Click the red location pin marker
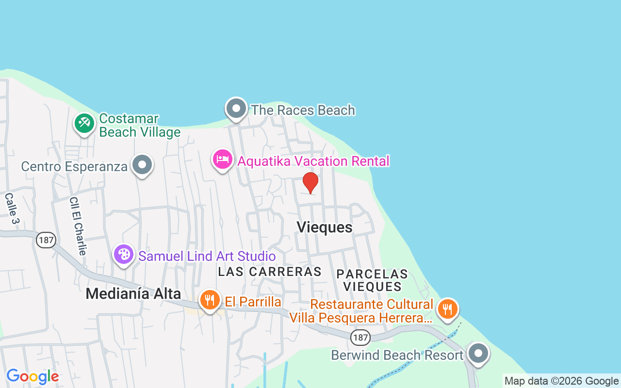[310, 182]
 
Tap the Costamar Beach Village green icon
[84, 123]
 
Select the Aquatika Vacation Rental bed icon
[223, 159]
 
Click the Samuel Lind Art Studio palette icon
[124, 254]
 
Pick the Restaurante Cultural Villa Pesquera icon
[447, 308]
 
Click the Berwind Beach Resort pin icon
[478, 354]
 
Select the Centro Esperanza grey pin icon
[142, 165]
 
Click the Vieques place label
[324, 227]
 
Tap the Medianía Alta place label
[133, 293]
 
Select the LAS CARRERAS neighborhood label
[270, 272]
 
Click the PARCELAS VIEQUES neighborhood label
[372, 280]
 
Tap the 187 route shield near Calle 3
[46, 240]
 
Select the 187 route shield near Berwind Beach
[361, 337]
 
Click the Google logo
[33, 376]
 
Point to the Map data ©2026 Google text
[561, 381]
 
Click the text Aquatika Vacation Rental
[313, 161]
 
